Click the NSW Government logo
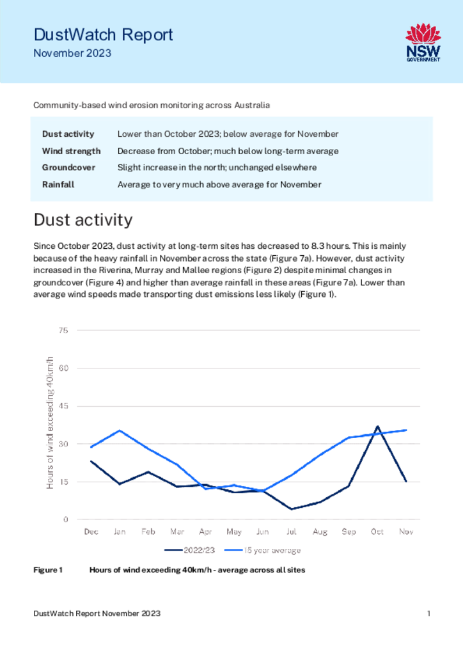tap(423, 43)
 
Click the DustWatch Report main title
tap(103, 35)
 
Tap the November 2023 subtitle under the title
tap(72, 54)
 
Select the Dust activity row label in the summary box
tap(68, 134)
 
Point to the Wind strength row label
tap(72, 151)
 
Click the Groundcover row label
tap(68, 168)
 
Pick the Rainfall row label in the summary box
tap(58, 185)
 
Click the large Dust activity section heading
tap(83, 220)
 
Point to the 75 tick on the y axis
tap(63, 331)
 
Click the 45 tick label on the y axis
tap(63, 406)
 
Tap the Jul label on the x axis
tap(291, 532)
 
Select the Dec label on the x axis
tap(91, 532)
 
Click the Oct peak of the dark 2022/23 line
tap(377, 427)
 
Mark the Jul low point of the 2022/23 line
tap(291, 509)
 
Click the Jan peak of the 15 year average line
tap(120, 430)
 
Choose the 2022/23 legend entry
tap(190, 550)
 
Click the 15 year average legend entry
tap(263, 550)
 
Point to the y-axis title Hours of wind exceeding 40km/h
tap(50, 423)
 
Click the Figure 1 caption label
tap(48, 570)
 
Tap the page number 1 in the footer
tap(428, 613)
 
